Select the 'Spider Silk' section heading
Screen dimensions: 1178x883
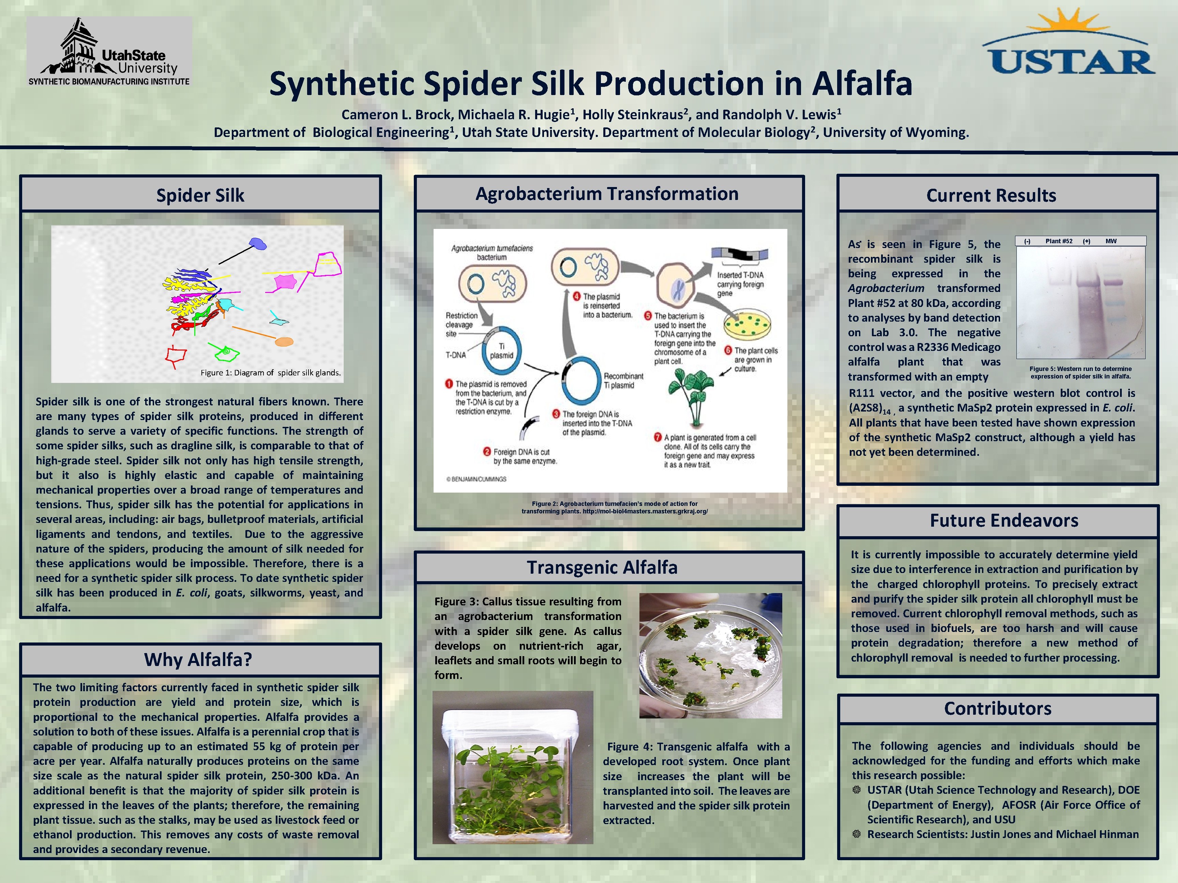click(x=200, y=195)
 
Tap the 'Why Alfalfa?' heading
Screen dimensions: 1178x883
click(x=198, y=660)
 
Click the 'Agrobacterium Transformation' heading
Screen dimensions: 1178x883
click(x=607, y=194)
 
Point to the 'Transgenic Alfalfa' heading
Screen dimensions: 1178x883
click(x=602, y=568)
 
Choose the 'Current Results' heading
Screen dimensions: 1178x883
click(x=991, y=195)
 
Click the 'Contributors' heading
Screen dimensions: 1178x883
click(x=997, y=709)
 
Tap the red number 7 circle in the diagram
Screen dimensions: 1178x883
click(x=658, y=437)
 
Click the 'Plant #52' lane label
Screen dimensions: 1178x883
click(x=1059, y=241)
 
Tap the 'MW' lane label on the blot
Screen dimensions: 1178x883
click(x=1111, y=241)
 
